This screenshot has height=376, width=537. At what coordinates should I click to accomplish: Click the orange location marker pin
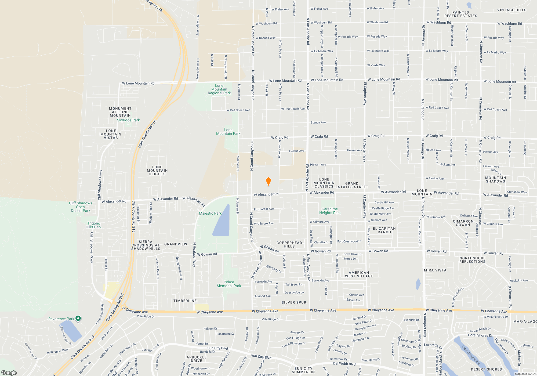pyautogui.click(x=268, y=181)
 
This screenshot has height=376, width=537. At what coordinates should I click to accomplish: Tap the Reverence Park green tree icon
pyautogui.click(x=78, y=319)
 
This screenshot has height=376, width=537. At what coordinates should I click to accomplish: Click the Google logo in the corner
pyautogui.click(x=9, y=373)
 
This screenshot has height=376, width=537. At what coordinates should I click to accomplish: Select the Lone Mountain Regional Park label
pyautogui.click(x=219, y=89)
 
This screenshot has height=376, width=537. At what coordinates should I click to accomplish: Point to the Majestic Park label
pyautogui.click(x=210, y=214)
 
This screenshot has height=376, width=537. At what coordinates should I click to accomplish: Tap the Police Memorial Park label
pyautogui.click(x=229, y=284)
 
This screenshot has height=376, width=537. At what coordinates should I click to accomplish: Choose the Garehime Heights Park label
pyautogui.click(x=330, y=211)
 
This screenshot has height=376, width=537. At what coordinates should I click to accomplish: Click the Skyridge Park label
pyautogui.click(x=128, y=120)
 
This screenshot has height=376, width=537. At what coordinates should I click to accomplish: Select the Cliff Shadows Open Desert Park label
pyautogui.click(x=81, y=207)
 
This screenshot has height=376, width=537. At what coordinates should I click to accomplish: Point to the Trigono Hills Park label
pyautogui.click(x=93, y=225)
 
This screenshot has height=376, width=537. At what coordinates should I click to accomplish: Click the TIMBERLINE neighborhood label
pyautogui.click(x=185, y=301)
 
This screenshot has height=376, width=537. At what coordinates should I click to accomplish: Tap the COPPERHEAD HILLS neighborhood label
pyautogui.click(x=289, y=245)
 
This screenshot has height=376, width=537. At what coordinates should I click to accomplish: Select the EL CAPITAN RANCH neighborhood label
pyautogui.click(x=384, y=230)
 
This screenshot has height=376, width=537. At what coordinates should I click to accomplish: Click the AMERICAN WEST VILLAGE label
pyautogui.click(x=359, y=274)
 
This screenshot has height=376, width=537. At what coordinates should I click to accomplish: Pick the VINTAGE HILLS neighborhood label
pyautogui.click(x=512, y=10)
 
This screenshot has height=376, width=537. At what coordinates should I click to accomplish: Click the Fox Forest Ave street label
pyautogui.click(x=264, y=209)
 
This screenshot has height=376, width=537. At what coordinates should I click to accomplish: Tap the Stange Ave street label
pyautogui.click(x=318, y=122)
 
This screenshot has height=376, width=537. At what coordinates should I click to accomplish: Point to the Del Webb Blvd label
pyautogui.click(x=344, y=364)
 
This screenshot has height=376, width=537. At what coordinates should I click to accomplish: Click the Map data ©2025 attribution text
pyautogui.click(x=525, y=374)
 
